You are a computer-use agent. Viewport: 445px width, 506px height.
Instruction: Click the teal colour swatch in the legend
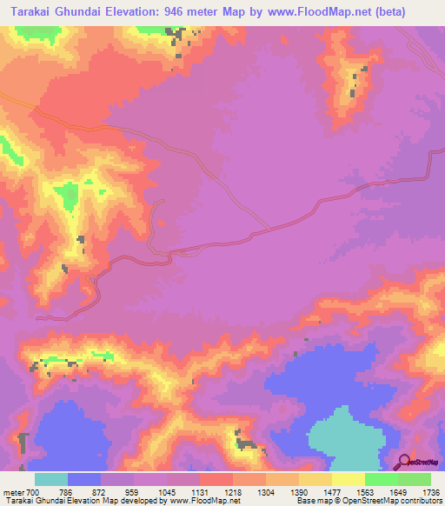coord(51,480)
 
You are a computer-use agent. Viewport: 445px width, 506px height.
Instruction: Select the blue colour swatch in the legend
coord(84,480)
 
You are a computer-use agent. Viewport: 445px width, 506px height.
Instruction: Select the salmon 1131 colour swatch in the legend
coord(216,480)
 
